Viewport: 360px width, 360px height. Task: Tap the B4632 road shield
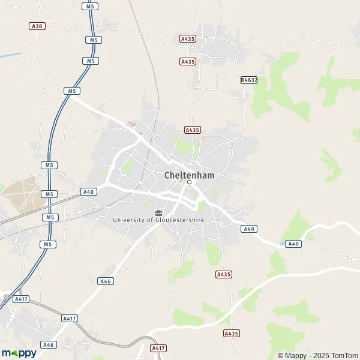[248, 80]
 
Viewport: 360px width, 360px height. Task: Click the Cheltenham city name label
[189, 175]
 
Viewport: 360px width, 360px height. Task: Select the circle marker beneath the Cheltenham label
[189, 182]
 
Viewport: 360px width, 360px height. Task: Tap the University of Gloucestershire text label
[158, 220]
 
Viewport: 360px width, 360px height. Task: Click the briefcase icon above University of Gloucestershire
[158, 212]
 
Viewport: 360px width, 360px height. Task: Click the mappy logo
[19, 353]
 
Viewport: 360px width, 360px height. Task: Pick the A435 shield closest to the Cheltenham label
[192, 130]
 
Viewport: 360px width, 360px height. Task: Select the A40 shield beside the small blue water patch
[293, 244]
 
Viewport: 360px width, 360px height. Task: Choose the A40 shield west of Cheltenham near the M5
[89, 192]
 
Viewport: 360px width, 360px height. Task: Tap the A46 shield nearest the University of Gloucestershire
[106, 281]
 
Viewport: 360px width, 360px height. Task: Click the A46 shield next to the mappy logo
[49, 345]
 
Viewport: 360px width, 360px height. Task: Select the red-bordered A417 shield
[158, 348]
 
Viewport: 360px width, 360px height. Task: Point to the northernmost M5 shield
[89, 6]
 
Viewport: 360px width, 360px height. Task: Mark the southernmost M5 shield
[48, 244]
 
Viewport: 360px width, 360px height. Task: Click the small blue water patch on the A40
[282, 244]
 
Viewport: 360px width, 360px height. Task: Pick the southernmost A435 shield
[231, 333]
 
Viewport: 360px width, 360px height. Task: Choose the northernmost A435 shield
[188, 39]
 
